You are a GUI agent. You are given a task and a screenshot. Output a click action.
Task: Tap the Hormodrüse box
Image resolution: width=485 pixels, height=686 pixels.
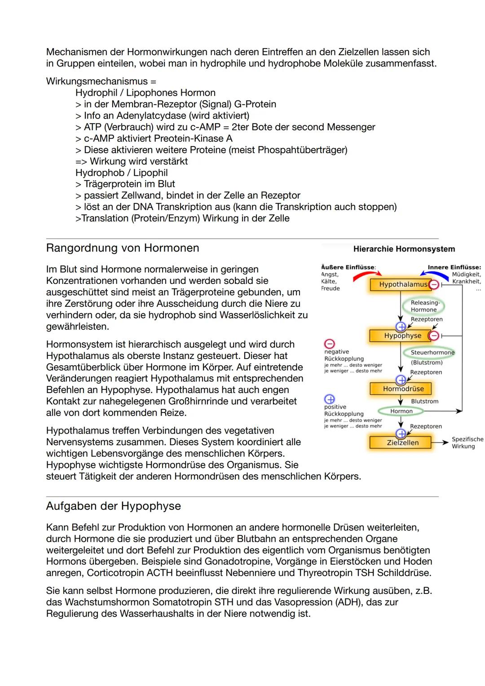401,389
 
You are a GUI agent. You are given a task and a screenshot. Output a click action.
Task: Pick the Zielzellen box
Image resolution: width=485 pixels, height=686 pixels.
401,443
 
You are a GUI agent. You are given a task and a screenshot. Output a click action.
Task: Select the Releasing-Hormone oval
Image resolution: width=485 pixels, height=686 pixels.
423,306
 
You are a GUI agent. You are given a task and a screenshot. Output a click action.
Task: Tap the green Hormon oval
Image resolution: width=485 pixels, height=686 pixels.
401,411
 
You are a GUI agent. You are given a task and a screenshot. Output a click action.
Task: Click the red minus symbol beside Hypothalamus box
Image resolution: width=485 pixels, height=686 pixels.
434,284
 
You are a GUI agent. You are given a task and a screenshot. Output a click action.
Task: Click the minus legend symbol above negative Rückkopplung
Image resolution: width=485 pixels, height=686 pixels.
330,344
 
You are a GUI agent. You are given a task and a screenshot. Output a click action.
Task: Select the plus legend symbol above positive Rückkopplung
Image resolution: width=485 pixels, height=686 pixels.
330,399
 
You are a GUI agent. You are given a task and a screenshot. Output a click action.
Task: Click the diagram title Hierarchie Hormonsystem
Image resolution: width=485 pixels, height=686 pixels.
404,249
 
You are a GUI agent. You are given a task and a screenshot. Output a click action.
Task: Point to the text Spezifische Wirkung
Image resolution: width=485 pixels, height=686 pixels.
467,443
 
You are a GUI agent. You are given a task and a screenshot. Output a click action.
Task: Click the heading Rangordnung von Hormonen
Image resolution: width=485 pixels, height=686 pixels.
122,248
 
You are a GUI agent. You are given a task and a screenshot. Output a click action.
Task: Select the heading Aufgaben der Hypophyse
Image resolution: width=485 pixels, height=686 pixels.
113,506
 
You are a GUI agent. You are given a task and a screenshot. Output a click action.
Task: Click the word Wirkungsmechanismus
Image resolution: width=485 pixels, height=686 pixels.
97,81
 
